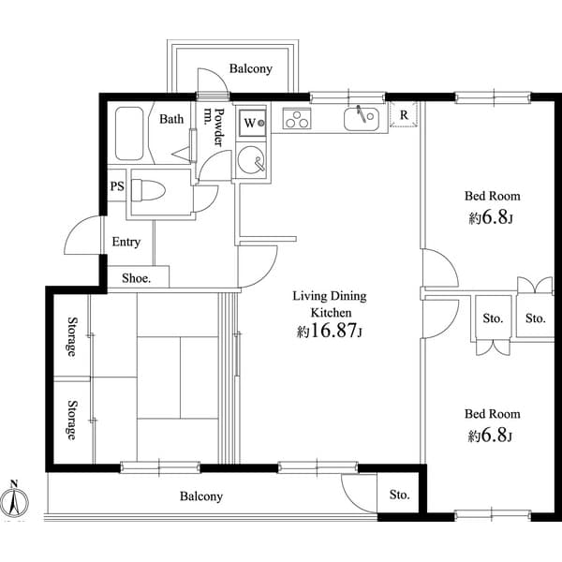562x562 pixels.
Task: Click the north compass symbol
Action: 14,501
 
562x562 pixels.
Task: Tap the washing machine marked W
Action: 251,122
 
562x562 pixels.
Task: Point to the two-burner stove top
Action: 297,120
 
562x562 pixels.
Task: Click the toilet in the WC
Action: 147,191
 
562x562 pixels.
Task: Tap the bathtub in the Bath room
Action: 129,135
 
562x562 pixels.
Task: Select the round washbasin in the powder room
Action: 251,161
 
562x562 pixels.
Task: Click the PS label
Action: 117,185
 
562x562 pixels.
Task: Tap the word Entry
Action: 126,242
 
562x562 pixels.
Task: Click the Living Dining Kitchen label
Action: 329,303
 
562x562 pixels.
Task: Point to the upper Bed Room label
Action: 492,197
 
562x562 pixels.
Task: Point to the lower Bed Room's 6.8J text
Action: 492,435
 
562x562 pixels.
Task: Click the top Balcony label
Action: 250,68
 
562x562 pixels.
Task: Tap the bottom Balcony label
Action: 200,496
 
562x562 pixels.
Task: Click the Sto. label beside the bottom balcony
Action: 400,495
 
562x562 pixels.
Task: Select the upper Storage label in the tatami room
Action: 71,337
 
